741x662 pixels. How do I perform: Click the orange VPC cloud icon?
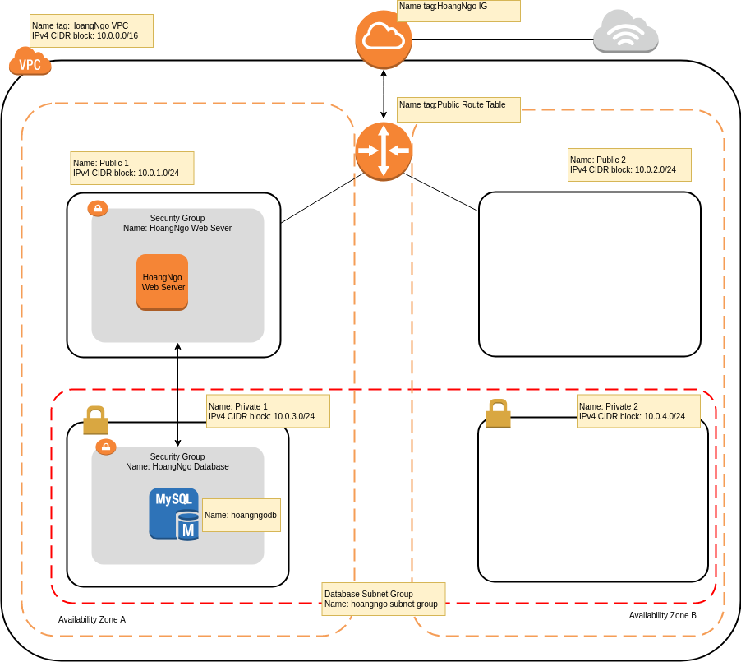(x=30, y=62)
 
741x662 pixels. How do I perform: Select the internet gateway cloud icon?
(x=384, y=39)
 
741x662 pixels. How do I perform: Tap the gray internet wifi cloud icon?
(x=626, y=32)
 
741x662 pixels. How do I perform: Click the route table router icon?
(x=384, y=150)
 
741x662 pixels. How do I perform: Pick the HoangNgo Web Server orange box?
(x=163, y=282)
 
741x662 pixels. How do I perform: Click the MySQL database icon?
(x=174, y=514)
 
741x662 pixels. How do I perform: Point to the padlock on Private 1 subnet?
(x=95, y=420)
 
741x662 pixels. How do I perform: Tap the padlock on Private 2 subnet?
(x=498, y=414)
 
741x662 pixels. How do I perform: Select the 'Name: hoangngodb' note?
(x=241, y=515)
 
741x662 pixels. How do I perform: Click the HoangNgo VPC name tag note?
(x=91, y=31)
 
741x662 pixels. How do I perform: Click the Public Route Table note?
(x=458, y=110)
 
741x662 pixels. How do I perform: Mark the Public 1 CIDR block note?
(x=132, y=168)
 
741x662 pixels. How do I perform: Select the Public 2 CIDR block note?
(x=630, y=164)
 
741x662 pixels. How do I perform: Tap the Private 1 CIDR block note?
(x=269, y=411)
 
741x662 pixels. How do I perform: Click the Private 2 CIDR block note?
(x=639, y=411)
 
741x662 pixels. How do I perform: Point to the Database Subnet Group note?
(x=384, y=599)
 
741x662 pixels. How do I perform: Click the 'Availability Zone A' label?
(x=92, y=619)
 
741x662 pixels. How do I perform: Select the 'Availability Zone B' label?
(x=662, y=615)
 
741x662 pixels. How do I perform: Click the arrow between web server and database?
(x=178, y=395)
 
